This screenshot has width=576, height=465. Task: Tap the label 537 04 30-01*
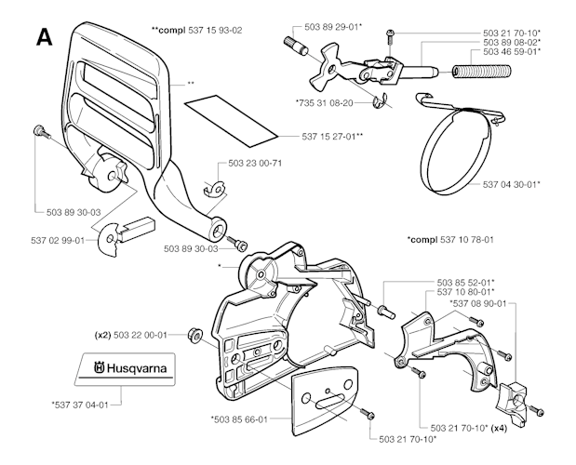pos(509,184)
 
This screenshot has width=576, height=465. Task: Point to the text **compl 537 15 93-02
pos(197,30)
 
